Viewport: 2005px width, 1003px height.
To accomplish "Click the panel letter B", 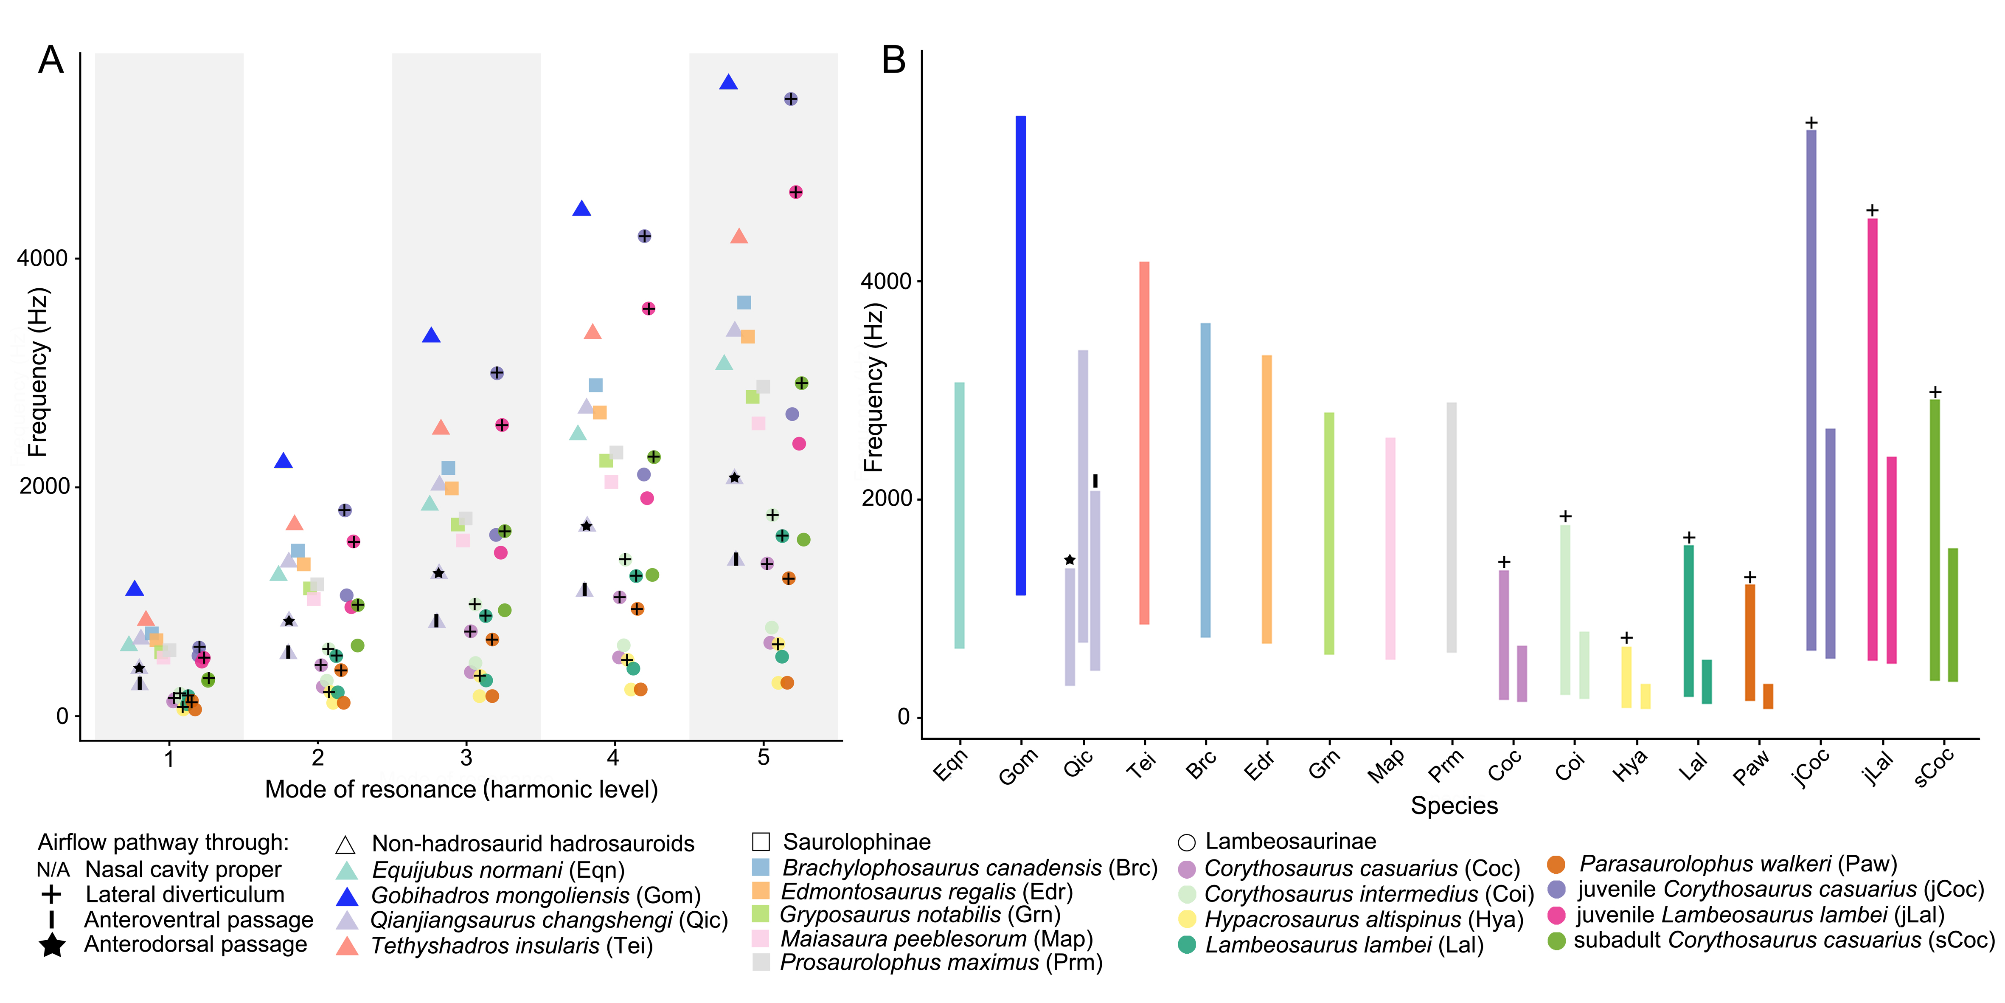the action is pos(893,60).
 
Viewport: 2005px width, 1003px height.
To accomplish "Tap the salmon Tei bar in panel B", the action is pos(1144,442).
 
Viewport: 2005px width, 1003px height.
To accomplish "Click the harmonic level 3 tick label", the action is pos(466,758).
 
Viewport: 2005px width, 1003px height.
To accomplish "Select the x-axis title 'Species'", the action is pos(1454,805).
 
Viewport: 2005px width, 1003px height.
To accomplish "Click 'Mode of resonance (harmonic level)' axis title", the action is pos(461,790).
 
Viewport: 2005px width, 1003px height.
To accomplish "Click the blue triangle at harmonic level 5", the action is pos(728,82).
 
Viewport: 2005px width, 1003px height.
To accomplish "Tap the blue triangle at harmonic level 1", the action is pos(135,588).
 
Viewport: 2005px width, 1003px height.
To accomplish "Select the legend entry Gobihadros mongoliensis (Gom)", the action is pos(536,896).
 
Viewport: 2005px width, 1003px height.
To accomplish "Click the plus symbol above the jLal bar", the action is pos(1872,210).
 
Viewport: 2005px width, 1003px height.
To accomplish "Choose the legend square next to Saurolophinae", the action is pos(761,842).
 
